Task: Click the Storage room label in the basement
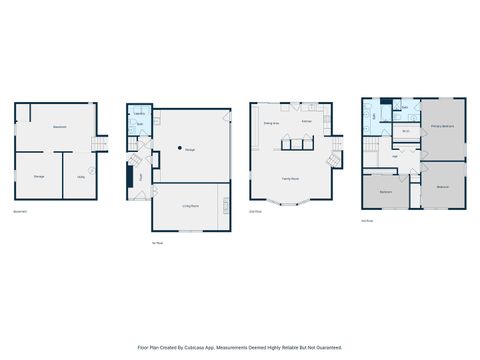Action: coord(39,177)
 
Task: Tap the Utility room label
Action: coord(80,177)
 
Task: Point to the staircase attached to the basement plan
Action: coord(98,145)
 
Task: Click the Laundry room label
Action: coord(139,114)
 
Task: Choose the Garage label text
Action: coord(190,150)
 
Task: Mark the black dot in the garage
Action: coord(180,148)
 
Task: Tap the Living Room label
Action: coord(190,205)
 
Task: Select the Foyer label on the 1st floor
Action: coord(141,177)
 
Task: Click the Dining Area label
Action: coord(270,122)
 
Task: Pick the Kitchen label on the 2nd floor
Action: coord(307,122)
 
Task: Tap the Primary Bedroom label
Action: coord(443,127)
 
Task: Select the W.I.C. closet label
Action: coord(406,131)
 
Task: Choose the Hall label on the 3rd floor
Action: coord(396,155)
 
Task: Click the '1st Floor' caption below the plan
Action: coord(157,242)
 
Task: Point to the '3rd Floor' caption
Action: coord(368,222)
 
